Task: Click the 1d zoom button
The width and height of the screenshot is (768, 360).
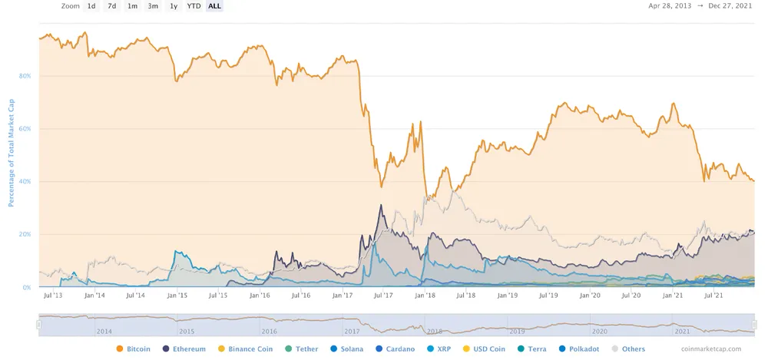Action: [x=91, y=6]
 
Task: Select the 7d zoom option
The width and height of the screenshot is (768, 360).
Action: [x=112, y=6]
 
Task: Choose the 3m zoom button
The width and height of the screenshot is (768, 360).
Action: [x=153, y=6]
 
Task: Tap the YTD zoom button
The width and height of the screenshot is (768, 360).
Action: [x=194, y=6]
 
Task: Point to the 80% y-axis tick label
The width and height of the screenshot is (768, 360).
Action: [x=25, y=77]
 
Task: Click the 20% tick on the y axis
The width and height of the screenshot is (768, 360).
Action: [x=25, y=234]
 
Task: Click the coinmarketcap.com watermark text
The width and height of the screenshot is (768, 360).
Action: [x=715, y=349]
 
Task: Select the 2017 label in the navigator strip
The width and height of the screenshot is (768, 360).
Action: [x=352, y=332]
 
